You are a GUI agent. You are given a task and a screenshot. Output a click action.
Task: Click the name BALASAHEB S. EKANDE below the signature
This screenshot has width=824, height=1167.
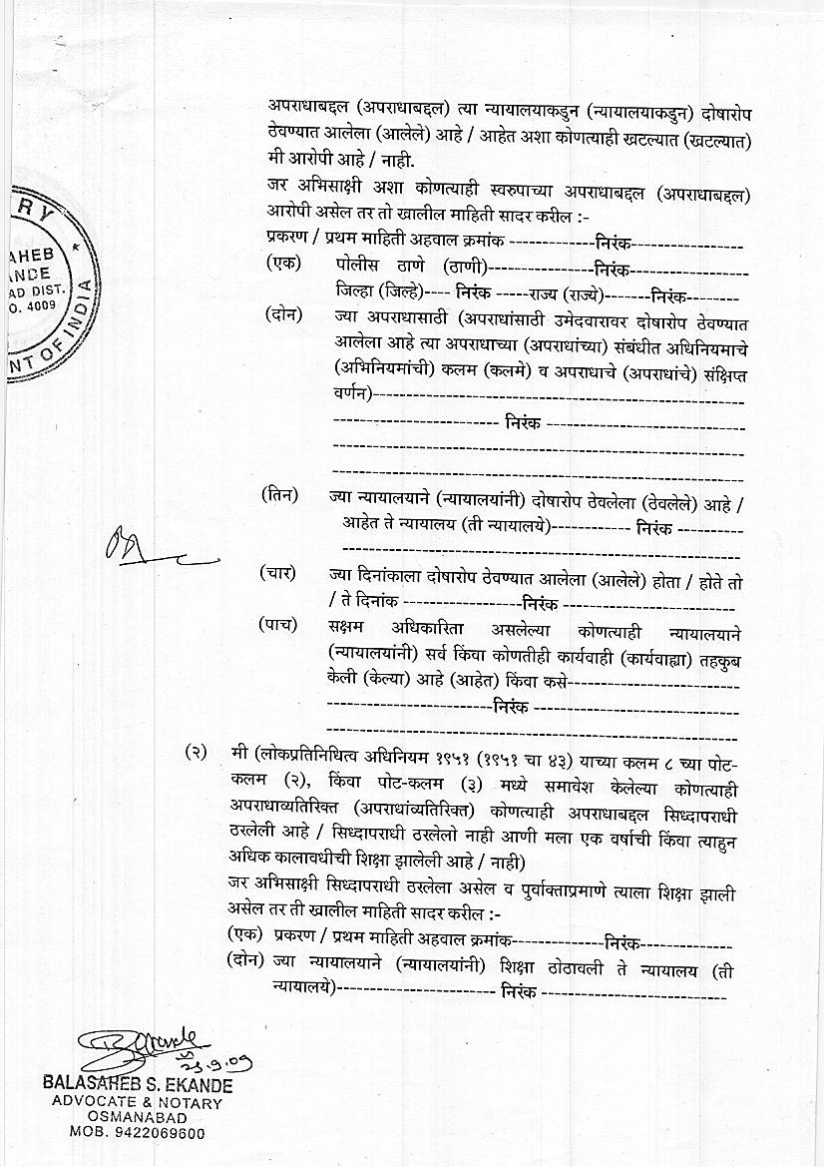click(x=137, y=1085)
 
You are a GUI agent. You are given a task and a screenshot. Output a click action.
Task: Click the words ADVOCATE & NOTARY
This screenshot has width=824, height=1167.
click(x=137, y=1103)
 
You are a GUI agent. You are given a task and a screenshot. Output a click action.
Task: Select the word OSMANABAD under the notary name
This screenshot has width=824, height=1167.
click(x=137, y=1118)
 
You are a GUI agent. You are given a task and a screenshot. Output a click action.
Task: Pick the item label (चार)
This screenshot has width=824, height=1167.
click(x=278, y=573)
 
